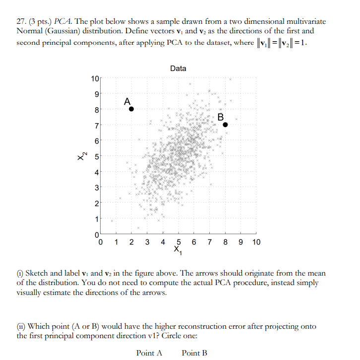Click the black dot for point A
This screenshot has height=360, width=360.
click(131, 109)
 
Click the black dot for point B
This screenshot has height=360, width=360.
click(225, 125)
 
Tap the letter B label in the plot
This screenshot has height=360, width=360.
click(220, 117)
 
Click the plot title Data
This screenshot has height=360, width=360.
click(178, 68)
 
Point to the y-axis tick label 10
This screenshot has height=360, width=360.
click(95, 78)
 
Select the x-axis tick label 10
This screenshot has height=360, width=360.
click(256, 242)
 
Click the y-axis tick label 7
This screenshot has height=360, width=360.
click(96, 125)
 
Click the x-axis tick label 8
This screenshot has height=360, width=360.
click(225, 242)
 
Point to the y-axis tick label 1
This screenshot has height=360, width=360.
click(96, 218)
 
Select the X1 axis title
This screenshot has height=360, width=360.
click(178, 251)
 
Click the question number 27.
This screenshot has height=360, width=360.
click(21, 22)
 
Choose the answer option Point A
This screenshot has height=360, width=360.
click(149, 353)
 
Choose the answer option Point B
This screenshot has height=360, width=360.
click(194, 353)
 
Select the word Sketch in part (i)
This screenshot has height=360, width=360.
click(38, 273)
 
